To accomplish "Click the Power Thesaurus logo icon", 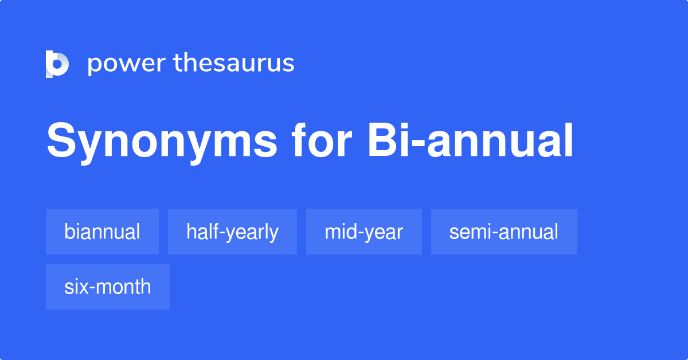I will [x=57, y=64].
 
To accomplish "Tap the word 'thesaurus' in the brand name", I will [x=234, y=64].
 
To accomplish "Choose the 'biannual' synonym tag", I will [x=102, y=232].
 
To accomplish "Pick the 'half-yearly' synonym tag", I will [x=232, y=232].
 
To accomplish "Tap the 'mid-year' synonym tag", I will [x=363, y=232].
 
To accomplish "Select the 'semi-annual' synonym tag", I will [x=503, y=232].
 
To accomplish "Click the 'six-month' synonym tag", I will [x=107, y=287].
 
